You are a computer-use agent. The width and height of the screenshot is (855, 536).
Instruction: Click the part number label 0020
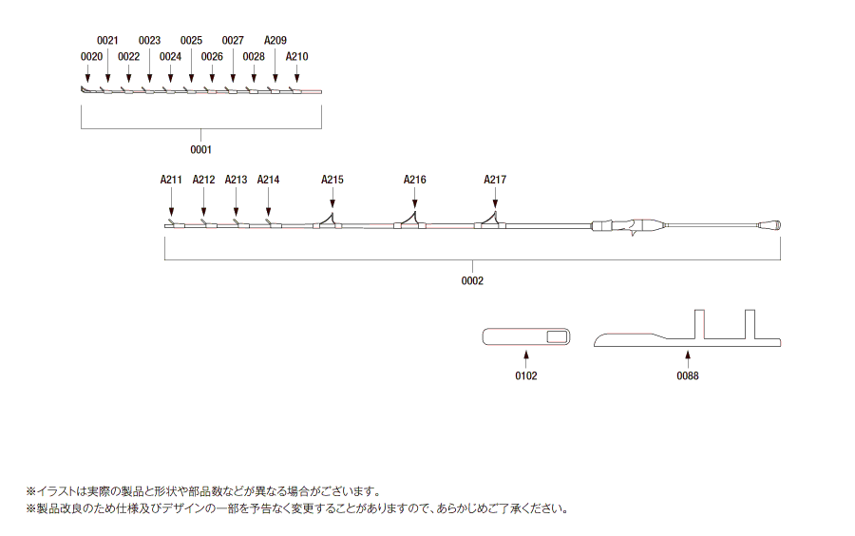91,57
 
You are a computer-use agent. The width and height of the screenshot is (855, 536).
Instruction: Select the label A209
275,40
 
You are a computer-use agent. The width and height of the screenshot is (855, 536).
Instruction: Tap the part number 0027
233,40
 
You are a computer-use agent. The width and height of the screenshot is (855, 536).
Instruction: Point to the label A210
297,57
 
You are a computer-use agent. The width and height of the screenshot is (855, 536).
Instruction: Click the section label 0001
200,149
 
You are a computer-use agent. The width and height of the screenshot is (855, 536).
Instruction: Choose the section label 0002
472,280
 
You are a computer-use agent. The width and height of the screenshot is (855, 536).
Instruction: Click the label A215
332,180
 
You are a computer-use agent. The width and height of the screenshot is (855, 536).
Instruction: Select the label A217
495,180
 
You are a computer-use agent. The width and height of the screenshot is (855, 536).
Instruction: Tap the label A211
171,180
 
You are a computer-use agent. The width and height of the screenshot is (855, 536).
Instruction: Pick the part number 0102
526,375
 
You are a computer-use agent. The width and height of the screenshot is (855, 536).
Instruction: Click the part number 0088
688,375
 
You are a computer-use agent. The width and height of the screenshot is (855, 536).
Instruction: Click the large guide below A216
410,220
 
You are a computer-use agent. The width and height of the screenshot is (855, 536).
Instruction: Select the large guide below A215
328,220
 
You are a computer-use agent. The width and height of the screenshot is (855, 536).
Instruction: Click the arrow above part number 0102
526,360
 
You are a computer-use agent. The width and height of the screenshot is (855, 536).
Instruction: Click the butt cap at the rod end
769,224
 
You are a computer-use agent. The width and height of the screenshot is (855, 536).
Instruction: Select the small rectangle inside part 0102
558,337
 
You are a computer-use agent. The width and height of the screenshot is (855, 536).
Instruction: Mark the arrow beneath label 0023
149,66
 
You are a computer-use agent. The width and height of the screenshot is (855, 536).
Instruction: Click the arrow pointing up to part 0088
688,360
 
